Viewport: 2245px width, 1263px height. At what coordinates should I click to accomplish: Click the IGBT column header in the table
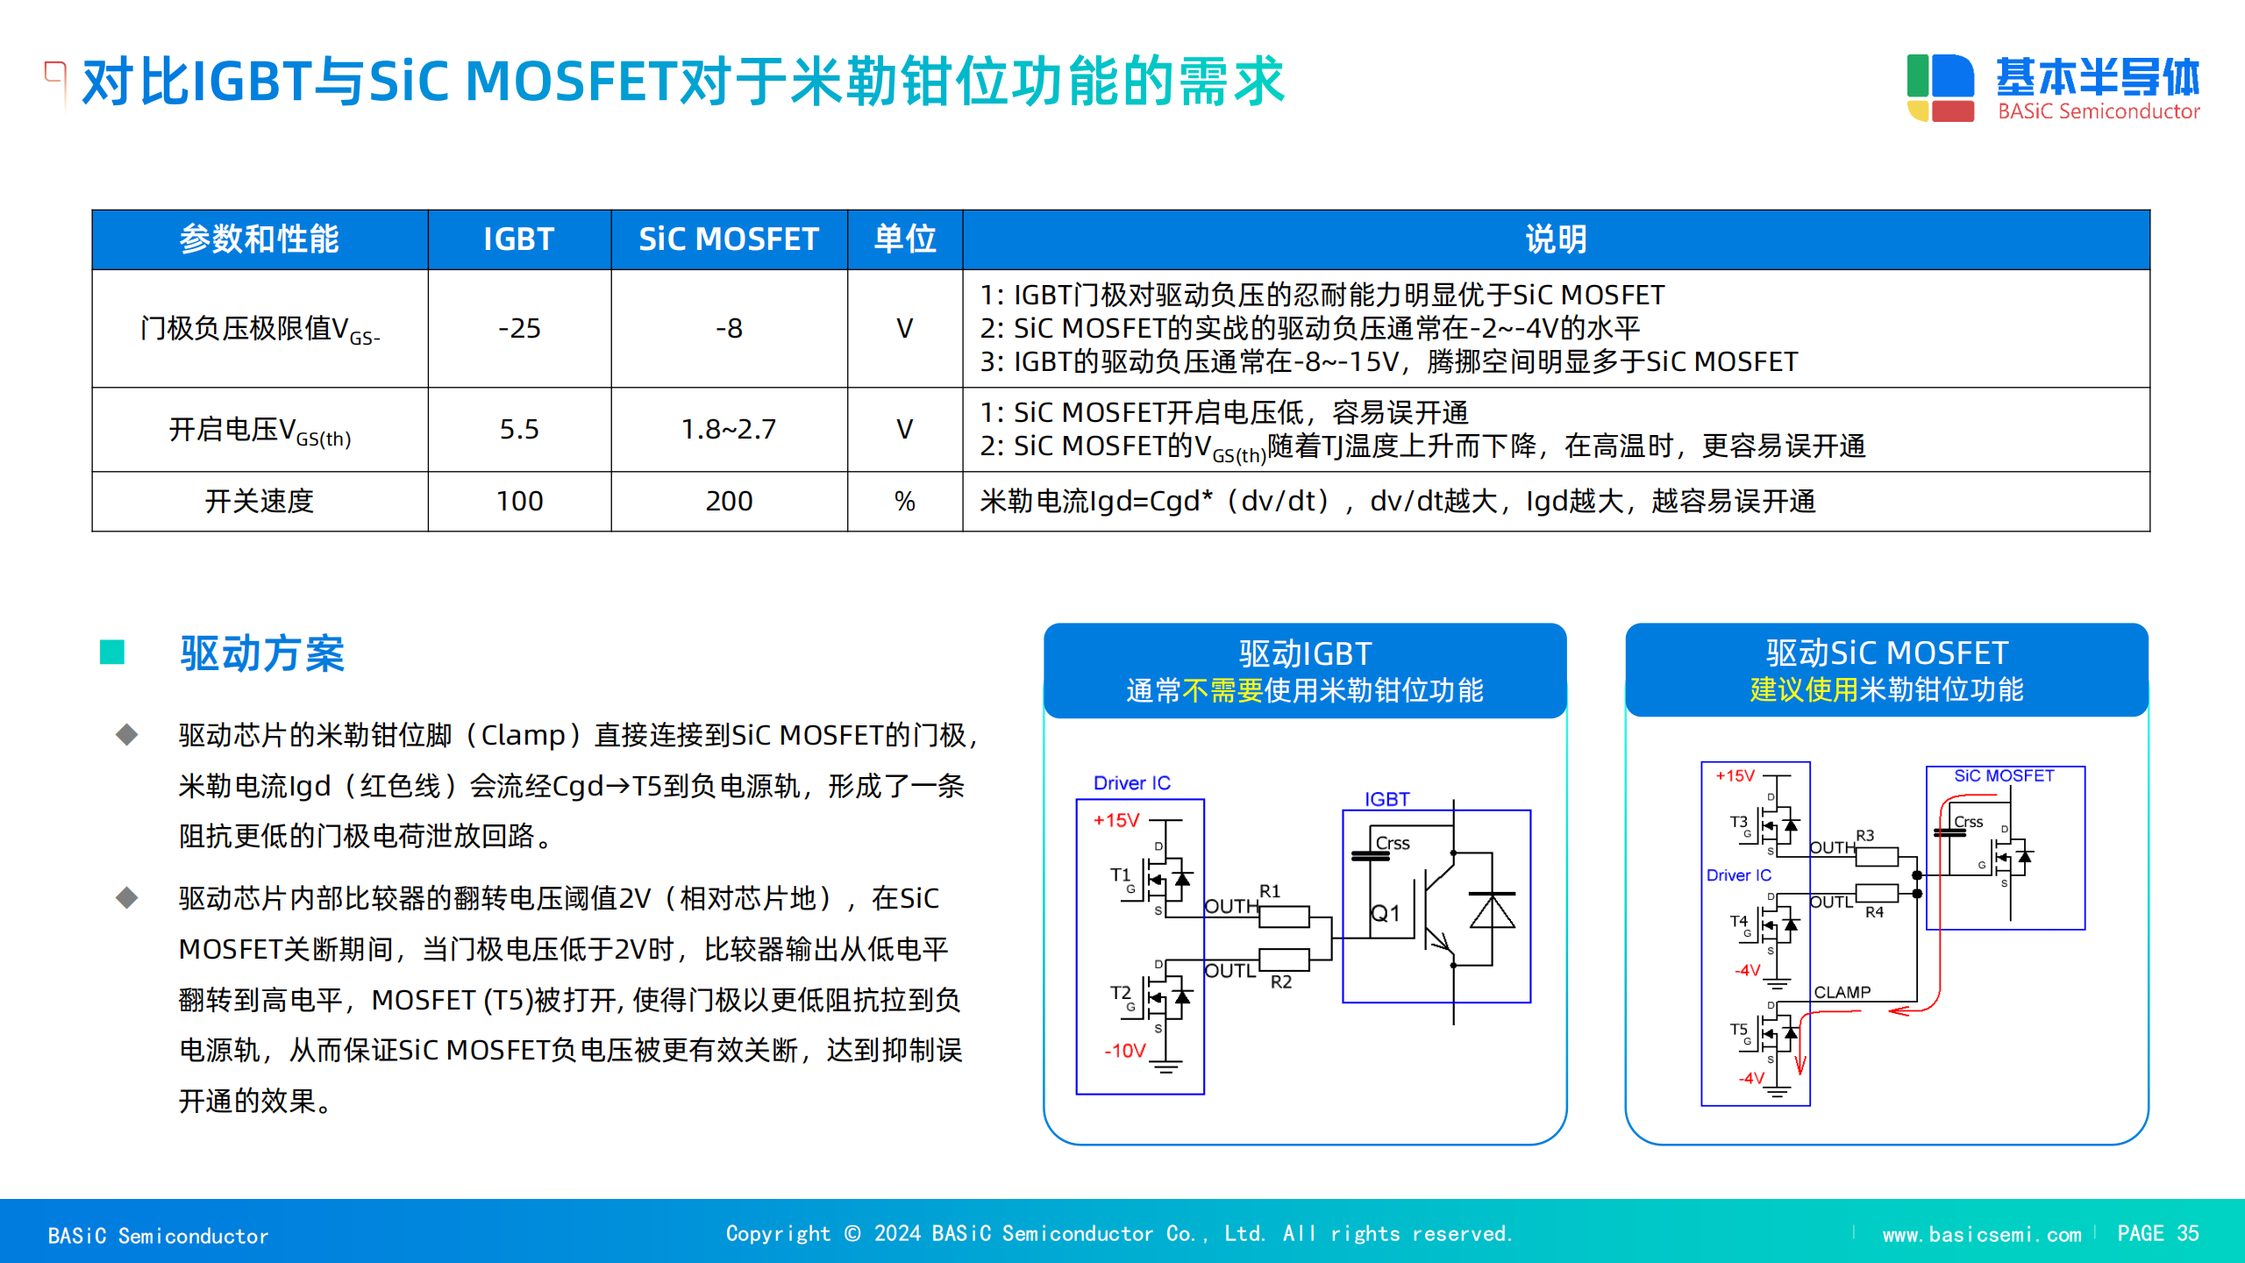click(x=518, y=239)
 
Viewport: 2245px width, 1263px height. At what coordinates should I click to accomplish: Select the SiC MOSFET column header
click(x=728, y=239)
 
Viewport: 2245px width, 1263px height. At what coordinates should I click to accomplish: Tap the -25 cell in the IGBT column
click(x=519, y=328)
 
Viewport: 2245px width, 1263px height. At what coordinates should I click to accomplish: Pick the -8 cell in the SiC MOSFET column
click(x=729, y=328)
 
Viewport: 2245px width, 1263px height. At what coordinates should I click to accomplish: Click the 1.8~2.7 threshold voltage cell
click(x=729, y=429)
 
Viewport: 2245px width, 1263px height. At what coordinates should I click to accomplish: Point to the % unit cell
click(x=904, y=501)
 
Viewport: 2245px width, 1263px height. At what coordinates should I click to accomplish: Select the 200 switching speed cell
click(x=729, y=501)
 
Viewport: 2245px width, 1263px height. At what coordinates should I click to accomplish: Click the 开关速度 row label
click(x=259, y=501)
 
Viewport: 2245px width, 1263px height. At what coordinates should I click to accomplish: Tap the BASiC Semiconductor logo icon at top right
click(x=1940, y=88)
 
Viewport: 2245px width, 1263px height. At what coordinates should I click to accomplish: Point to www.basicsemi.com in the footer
click(x=1982, y=1234)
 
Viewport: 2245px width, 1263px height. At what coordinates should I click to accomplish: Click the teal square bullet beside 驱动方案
click(x=112, y=653)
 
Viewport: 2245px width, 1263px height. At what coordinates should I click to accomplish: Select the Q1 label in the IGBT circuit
click(x=1386, y=913)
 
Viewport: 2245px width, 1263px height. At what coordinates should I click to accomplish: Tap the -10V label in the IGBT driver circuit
click(x=1125, y=1051)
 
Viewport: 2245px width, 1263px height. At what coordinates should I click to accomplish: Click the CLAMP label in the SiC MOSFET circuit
click(x=1842, y=992)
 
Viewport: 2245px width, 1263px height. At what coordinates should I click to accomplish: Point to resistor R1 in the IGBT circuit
click(x=1284, y=917)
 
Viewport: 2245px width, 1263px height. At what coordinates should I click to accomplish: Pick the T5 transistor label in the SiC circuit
click(x=1739, y=1029)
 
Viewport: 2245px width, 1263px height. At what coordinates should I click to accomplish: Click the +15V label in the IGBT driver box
click(x=1115, y=820)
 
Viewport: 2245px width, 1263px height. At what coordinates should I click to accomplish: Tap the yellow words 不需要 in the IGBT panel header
click(x=1222, y=690)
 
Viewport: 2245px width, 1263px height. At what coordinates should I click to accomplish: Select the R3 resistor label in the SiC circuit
click(x=1865, y=836)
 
